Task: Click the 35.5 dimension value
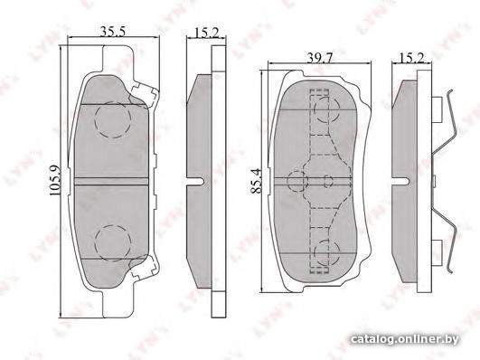click(x=113, y=32)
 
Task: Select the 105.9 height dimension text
click(x=55, y=181)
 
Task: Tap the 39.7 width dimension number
click(x=320, y=57)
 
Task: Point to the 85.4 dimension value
click(x=256, y=181)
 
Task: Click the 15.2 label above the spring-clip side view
click(x=411, y=57)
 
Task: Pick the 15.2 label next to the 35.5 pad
click(x=207, y=33)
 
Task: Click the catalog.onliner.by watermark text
click(x=405, y=339)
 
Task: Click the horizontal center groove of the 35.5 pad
click(x=111, y=181)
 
